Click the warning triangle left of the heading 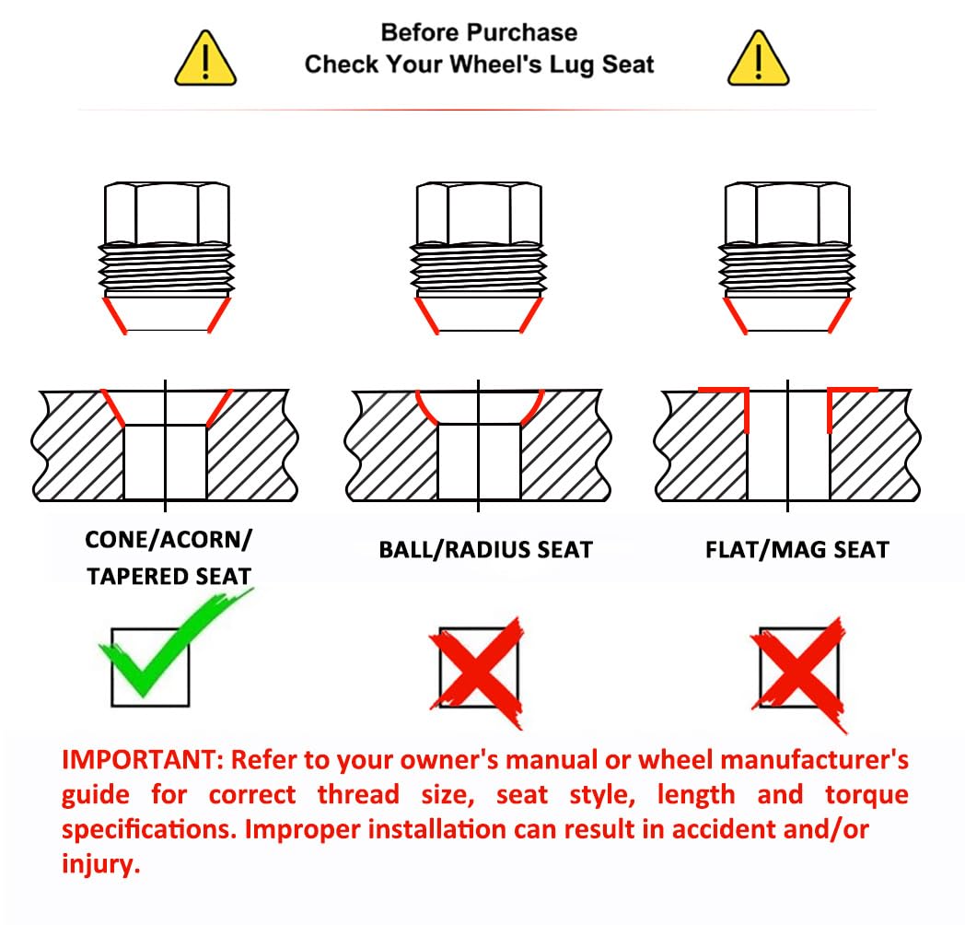(x=205, y=59)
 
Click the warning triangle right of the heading (x=758, y=59)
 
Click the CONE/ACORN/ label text (x=169, y=540)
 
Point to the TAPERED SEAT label (x=169, y=577)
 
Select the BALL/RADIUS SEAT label (x=485, y=549)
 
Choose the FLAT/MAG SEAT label (x=797, y=549)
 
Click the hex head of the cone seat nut (x=168, y=213)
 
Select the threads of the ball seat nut (x=479, y=269)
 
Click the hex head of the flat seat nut (x=788, y=213)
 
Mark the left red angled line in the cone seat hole (x=113, y=408)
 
